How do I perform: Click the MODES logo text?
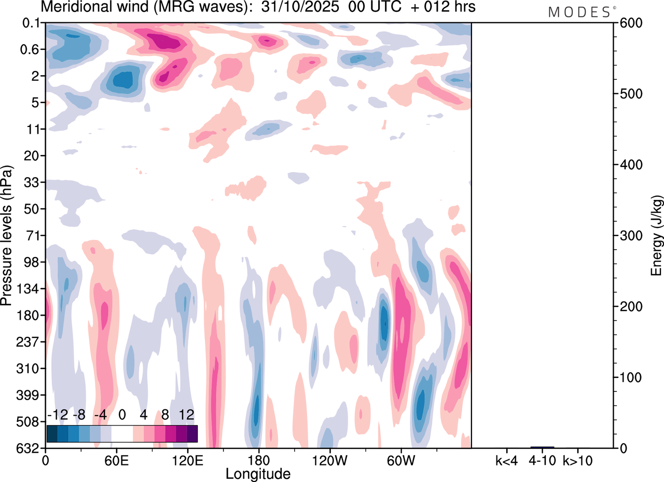(x=579, y=12)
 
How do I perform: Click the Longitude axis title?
(x=258, y=474)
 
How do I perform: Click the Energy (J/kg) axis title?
(x=657, y=235)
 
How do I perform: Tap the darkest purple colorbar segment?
(x=192, y=433)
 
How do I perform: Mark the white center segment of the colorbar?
(x=122, y=433)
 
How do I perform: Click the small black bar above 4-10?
(x=542, y=447)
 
